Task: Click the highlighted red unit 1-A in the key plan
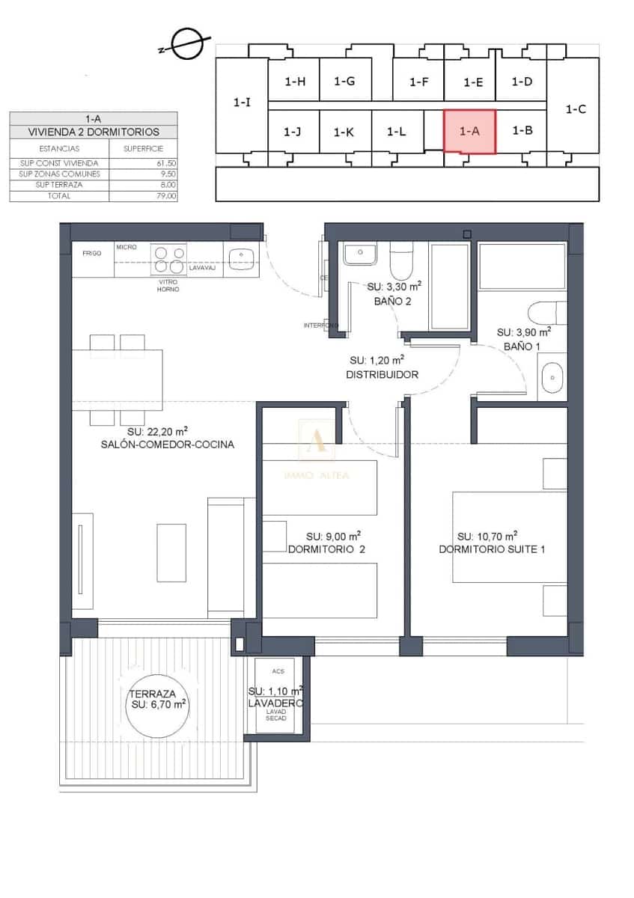pos(469,130)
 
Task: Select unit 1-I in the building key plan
pos(242,103)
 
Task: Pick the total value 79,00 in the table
pos(167,196)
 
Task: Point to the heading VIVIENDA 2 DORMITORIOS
pos(94,132)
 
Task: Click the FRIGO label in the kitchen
pos(92,254)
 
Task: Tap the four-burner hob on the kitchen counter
pos(169,260)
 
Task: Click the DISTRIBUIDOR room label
pos(382,374)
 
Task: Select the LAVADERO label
pos(276,703)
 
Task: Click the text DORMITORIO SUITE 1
pos(492,549)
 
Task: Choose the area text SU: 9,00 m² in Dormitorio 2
pos(334,536)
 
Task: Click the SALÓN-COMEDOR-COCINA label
pos(168,444)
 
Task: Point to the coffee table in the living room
pos(171,552)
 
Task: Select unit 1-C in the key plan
pos(575,109)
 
